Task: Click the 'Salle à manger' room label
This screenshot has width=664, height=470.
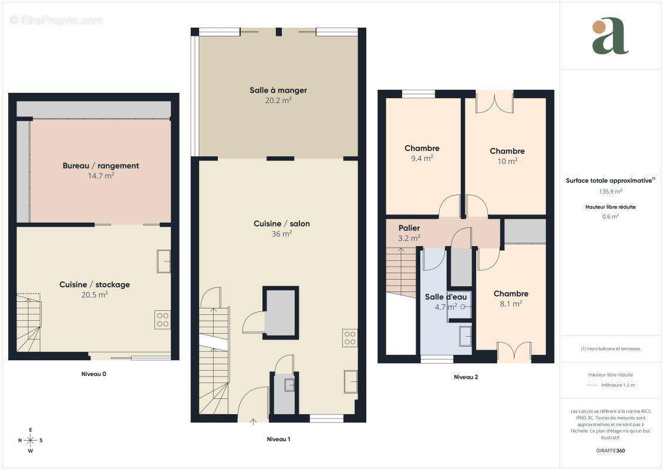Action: pos(278,90)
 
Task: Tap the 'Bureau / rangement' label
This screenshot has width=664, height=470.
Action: pos(101,166)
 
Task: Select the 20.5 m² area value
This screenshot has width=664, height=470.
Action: pos(95,294)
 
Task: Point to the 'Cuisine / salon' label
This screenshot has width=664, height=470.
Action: pos(282,223)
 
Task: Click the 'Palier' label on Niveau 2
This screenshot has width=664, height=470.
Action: pos(409,228)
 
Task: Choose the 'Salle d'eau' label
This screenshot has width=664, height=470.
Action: pos(446,297)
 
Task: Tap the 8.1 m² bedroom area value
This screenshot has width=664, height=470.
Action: pos(511,304)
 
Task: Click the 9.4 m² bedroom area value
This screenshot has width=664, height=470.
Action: pos(422,159)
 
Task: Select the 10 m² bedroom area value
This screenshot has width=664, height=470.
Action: pos(507,161)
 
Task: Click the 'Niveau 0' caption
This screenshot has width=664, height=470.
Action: pos(93,374)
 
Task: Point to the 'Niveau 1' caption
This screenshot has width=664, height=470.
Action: pos(278,439)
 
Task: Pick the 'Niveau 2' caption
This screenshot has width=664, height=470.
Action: pos(466,377)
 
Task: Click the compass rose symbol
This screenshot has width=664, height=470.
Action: pos(31,441)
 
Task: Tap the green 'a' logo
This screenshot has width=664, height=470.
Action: pos(610,36)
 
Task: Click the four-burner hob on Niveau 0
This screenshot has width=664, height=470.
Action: pos(163,320)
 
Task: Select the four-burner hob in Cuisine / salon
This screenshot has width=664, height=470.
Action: pos(350,338)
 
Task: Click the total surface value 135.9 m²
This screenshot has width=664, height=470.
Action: pos(610,192)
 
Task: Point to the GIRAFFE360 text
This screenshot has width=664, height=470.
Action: pos(610,451)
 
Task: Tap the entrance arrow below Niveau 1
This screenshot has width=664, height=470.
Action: pos(253,422)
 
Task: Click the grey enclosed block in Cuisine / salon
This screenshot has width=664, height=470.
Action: pos(281,313)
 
